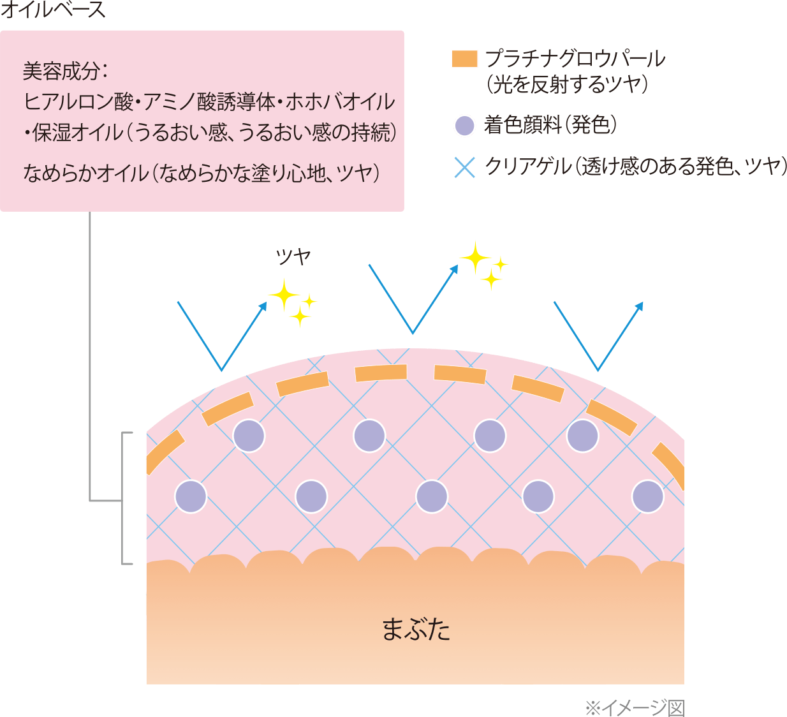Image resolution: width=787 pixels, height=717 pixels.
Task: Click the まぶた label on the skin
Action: click(x=416, y=629)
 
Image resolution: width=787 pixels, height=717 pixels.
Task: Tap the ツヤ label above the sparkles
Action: click(x=293, y=256)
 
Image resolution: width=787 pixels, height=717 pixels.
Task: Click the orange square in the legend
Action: click(x=464, y=59)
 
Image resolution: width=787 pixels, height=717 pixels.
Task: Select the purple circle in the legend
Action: click(x=464, y=126)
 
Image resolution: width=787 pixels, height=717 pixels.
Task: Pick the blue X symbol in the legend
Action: click(x=465, y=166)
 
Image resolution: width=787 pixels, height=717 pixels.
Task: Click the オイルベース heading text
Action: click(x=52, y=10)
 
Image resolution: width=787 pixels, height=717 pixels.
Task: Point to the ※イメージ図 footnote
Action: click(x=635, y=707)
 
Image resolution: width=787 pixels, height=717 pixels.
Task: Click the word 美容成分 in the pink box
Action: click(x=61, y=71)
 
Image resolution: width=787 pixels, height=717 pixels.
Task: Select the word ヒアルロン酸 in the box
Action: click(x=78, y=102)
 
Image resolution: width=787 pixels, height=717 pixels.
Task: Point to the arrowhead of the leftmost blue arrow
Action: click(x=263, y=306)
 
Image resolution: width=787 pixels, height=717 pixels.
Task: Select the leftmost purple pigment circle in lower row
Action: click(x=191, y=496)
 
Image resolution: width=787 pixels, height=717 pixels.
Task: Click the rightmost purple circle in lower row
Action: click(x=648, y=496)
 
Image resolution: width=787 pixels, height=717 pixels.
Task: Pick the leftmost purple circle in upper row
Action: click(x=249, y=436)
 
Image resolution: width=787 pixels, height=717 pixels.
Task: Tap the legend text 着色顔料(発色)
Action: click(x=550, y=126)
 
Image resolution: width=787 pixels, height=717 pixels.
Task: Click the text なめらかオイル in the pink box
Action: click(x=85, y=173)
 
